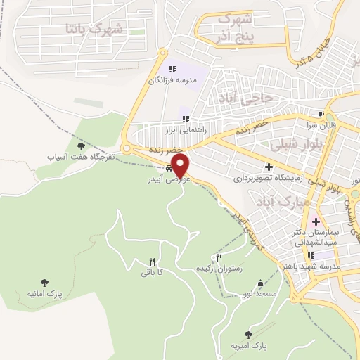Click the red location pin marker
pos(181,166)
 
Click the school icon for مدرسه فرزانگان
pos(172,69)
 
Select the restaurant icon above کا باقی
pos(152,261)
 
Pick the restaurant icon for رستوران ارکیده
pos(219,258)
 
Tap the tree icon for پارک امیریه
pos(247,335)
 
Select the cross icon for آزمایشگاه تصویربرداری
pos(268,167)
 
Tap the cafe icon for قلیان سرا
pos(321,115)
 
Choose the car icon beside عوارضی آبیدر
pos(170,169)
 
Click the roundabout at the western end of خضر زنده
pos(127,148)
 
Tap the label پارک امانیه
pos(45,293)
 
